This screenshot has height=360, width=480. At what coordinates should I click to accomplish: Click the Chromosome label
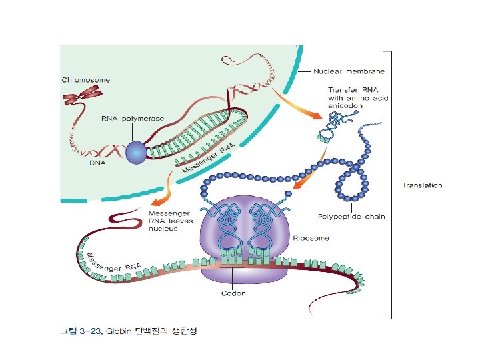86,80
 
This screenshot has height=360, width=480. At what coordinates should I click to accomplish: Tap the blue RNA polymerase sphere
137,153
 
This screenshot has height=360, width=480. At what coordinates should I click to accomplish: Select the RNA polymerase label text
132,119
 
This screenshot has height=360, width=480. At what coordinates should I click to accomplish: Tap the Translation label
422,185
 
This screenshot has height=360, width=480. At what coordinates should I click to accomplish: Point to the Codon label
234,293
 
